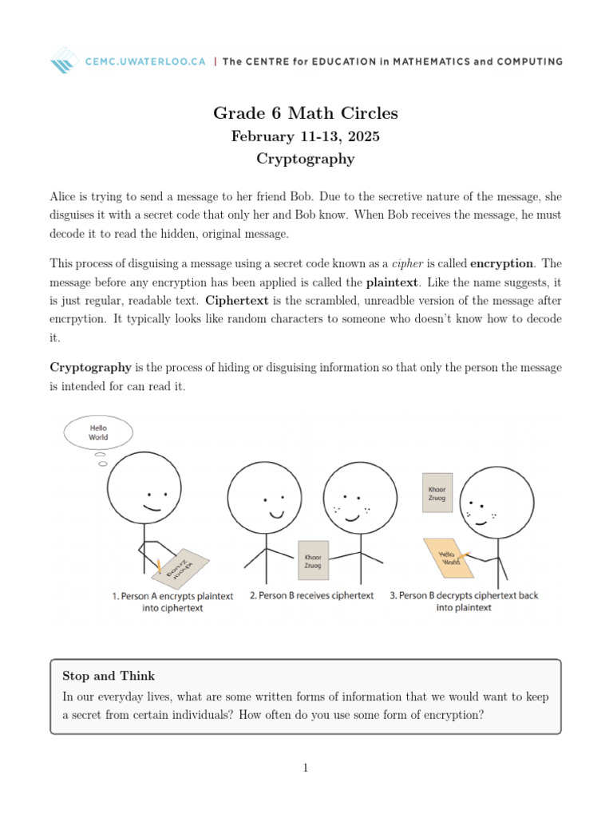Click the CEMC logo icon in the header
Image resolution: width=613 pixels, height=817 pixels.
tap(64, 61)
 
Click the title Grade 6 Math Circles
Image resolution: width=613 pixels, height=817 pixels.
tap(306, 113)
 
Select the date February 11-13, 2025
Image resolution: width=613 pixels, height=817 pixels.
tap(306, 136)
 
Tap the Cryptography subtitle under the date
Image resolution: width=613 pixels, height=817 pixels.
tap(306, 159)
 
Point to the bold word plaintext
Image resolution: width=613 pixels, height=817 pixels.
tap(392, 282)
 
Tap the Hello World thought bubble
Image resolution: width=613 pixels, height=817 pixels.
tap(98, 432)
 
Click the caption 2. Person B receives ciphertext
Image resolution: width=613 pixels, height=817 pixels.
tap(311, 596)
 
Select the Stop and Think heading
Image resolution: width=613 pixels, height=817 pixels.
tap(109, 676)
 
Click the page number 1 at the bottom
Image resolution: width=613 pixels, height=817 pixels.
tap(306, 768)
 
